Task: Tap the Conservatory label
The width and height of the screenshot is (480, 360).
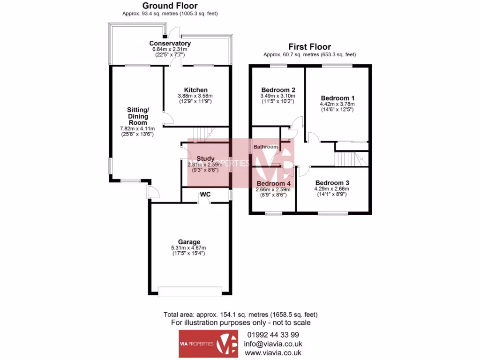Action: (170, 44)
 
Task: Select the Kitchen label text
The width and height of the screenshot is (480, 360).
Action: (195, 90)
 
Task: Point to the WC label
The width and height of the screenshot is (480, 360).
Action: (205, 194)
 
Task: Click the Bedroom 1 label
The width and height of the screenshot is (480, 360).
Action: (337, 98)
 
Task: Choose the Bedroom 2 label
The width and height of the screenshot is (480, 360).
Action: (278, 90)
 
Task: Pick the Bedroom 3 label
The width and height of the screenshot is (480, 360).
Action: (332, 183)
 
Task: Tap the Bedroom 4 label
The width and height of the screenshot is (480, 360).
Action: (273, 183)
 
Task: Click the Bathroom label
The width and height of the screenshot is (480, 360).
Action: (266, 147)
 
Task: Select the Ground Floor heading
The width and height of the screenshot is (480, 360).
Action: (170, 6)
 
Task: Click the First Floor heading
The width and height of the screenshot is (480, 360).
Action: (309, 47)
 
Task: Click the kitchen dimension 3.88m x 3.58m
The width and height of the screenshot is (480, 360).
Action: (195, 96)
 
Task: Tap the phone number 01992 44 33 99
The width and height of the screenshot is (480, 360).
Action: (273, 335)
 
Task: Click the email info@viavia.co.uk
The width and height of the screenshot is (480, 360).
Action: (273, 344)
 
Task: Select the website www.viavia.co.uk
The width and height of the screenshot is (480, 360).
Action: (273, 352)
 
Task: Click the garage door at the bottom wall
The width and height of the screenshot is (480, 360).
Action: (190, 292)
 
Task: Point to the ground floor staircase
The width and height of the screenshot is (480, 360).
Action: (203, 134)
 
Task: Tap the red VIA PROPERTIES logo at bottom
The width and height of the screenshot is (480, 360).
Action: (209, 344)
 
